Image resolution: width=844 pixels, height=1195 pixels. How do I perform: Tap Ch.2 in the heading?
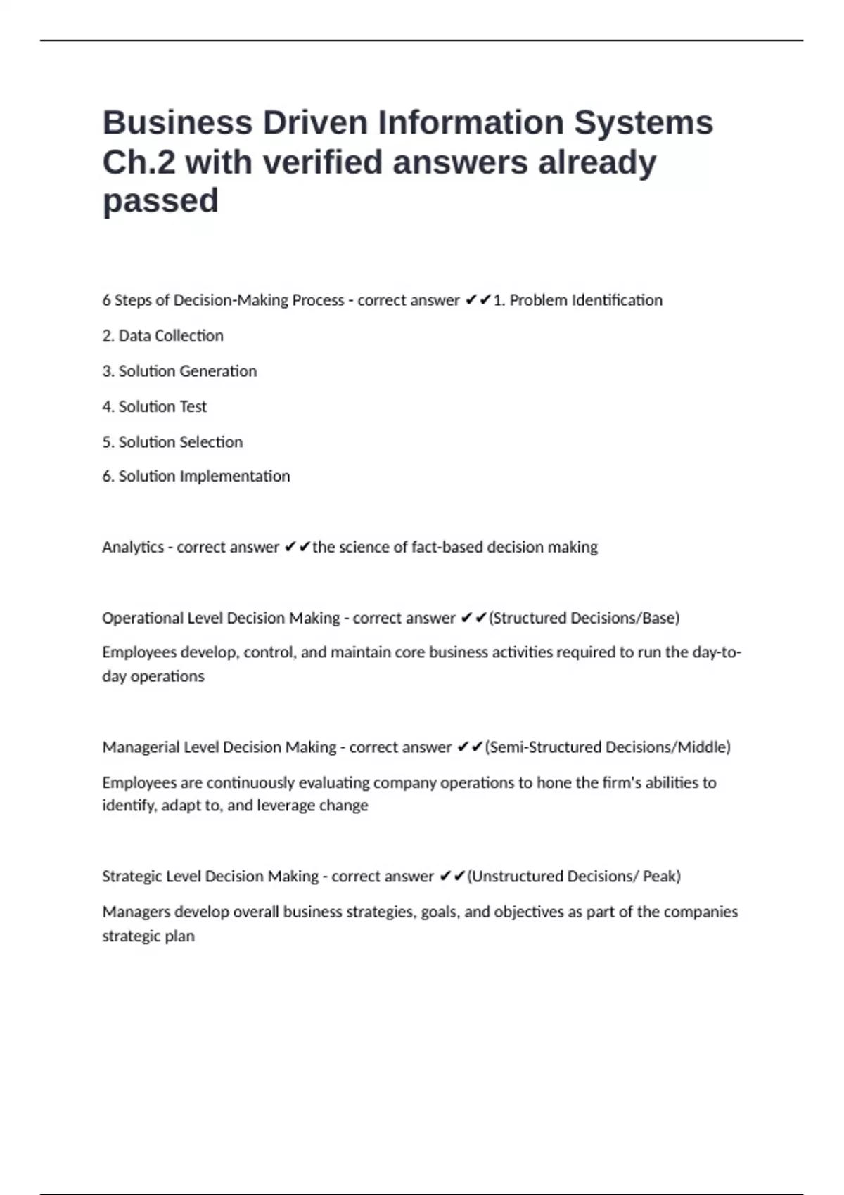click(139, 162)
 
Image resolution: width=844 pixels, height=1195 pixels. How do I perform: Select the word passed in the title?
click(160, 201)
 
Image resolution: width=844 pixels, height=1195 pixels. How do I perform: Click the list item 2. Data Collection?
click(162, 336)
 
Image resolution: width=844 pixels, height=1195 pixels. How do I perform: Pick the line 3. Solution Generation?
click(179, 371)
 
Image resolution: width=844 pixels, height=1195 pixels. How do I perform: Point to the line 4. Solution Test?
click(154, 407)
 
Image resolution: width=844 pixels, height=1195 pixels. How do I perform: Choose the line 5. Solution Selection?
click(172, 442)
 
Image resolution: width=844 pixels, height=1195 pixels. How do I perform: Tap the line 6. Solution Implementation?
click(196, 477)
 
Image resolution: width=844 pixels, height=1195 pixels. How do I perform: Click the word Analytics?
click(133, 548)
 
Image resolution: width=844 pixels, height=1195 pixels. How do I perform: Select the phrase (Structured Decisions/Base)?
click(584, 619)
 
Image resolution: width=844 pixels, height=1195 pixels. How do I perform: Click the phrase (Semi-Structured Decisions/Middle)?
click(608, 747)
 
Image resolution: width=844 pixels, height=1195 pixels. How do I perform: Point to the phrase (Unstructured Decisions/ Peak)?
click(574, 877)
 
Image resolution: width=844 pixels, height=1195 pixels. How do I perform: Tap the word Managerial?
click(141, 747)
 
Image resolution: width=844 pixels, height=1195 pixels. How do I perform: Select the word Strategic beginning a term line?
click(131, 877)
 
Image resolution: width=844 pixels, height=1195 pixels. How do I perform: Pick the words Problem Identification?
click(585, 301)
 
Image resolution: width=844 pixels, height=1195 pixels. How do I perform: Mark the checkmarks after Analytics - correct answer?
click(298, 548)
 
